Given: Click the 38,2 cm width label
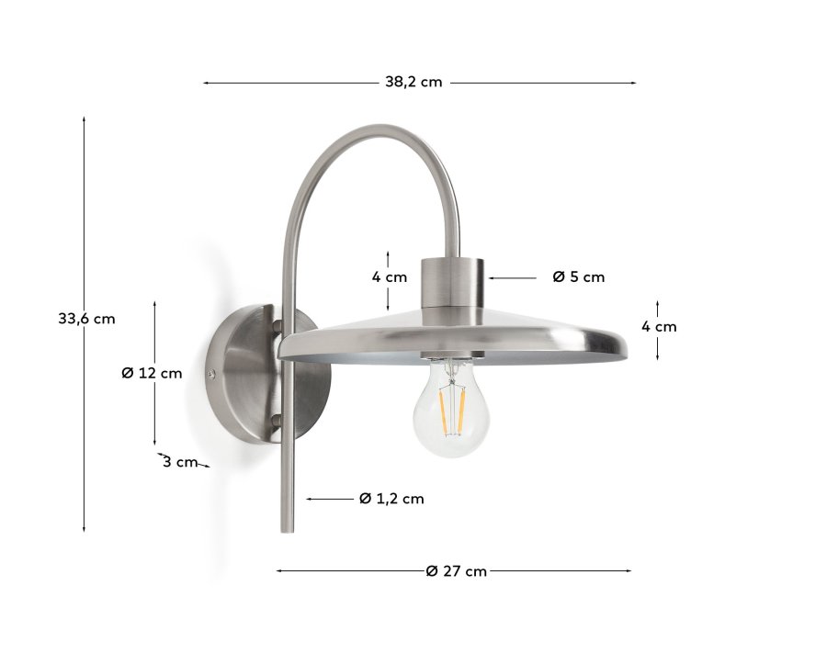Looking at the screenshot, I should coord(413,82).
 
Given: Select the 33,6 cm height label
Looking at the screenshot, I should coord(86,319).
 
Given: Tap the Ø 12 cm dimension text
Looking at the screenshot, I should coord(152,373).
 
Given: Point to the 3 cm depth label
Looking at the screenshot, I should coord(180,462).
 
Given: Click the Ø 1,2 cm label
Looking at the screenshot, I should coord(391,499).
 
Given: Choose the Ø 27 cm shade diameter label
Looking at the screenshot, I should coord(457,571).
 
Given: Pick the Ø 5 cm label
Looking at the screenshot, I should coord(579,276).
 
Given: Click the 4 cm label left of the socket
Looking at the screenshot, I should coord(390,276).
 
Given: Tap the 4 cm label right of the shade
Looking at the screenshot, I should coord(659,326).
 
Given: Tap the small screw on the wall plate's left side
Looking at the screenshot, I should coord(213,374).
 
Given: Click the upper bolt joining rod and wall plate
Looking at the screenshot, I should coord(277,324).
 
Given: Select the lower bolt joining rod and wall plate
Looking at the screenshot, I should coord(276,422).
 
